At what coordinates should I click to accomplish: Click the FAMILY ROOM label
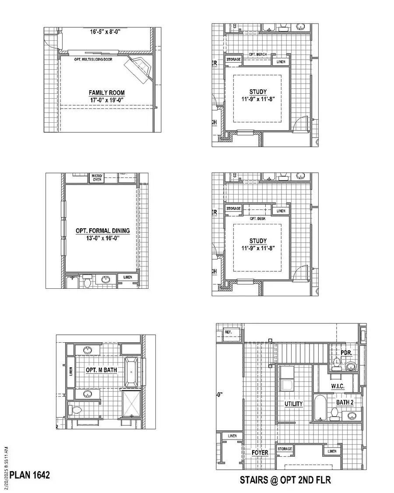coord(106,92)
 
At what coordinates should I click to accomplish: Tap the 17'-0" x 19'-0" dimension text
coord(106,100)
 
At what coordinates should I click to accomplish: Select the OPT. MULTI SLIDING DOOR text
coord(93,59)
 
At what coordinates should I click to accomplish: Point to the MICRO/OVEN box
coord(96,177)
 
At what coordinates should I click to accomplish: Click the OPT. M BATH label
coord(101,370)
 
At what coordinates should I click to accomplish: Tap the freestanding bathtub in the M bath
coord(131,372)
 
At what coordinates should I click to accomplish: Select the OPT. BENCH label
coord(258,54)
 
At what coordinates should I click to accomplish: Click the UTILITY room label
coord(294,404)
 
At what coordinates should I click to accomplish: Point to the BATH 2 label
coord(345,402)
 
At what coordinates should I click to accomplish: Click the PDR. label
coord(347,352)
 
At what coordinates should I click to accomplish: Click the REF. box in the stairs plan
coord(228,332)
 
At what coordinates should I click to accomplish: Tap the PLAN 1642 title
coord(30,475)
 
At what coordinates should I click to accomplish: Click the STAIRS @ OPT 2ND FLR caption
coord(285,480)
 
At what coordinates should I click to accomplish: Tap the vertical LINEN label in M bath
coord(71,371)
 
